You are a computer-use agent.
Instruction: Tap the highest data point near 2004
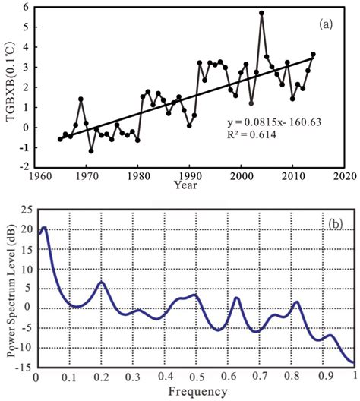coord(261,13)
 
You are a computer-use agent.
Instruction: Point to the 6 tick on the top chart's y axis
coord(25,8)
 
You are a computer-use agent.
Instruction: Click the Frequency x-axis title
coord(196,392)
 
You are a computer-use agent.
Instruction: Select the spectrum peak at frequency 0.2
coord(101,283)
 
